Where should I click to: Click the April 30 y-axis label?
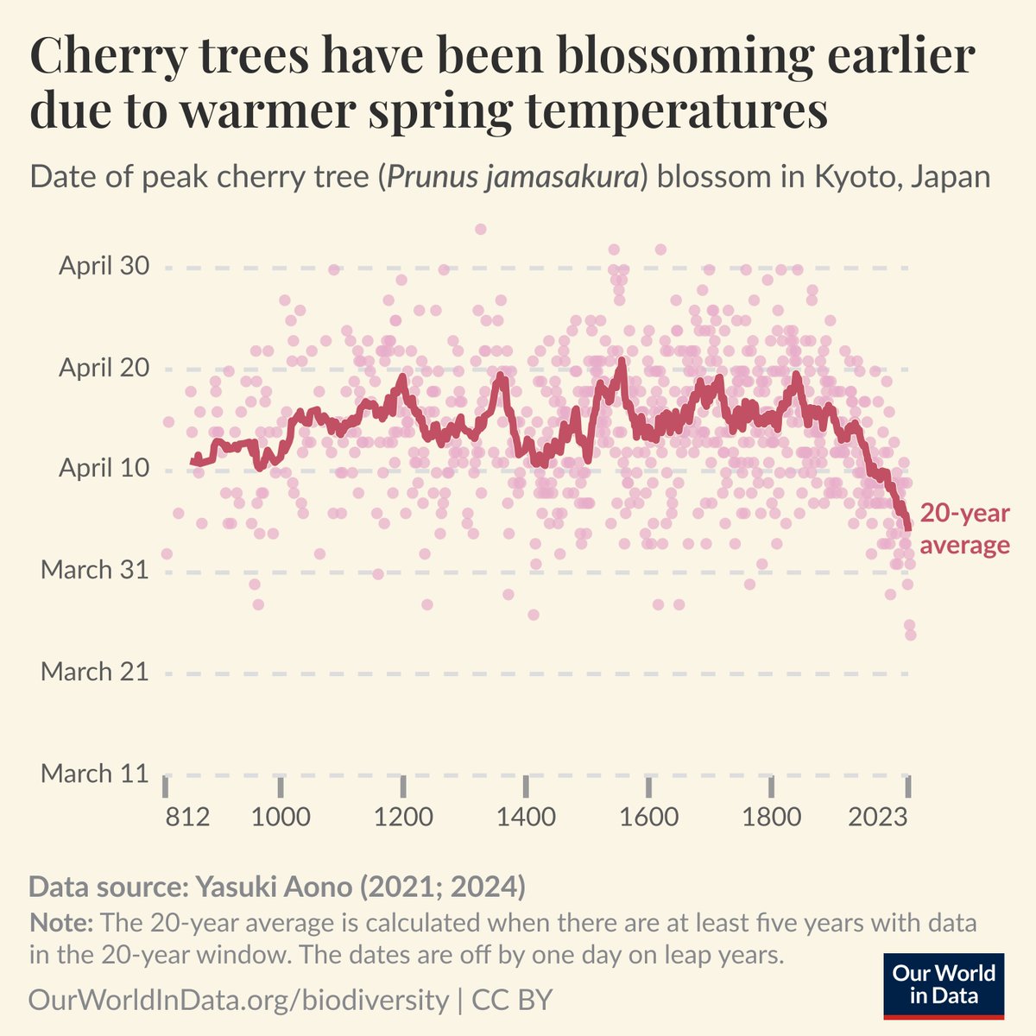tap(104, 266)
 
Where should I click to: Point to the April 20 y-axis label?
tap(104, 368)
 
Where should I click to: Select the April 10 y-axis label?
tap(104, 469)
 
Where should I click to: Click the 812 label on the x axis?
tap(187, 816)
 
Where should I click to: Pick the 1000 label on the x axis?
tap(281, 816)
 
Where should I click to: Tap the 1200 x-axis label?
tap(403, 816)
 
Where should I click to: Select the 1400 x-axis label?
tap(526, 816)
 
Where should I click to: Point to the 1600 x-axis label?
tap(648, 816)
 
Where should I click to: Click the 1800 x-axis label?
tap(771, 816)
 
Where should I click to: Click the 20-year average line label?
tap(963, 529)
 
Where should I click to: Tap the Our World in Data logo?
tap(944, 985)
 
